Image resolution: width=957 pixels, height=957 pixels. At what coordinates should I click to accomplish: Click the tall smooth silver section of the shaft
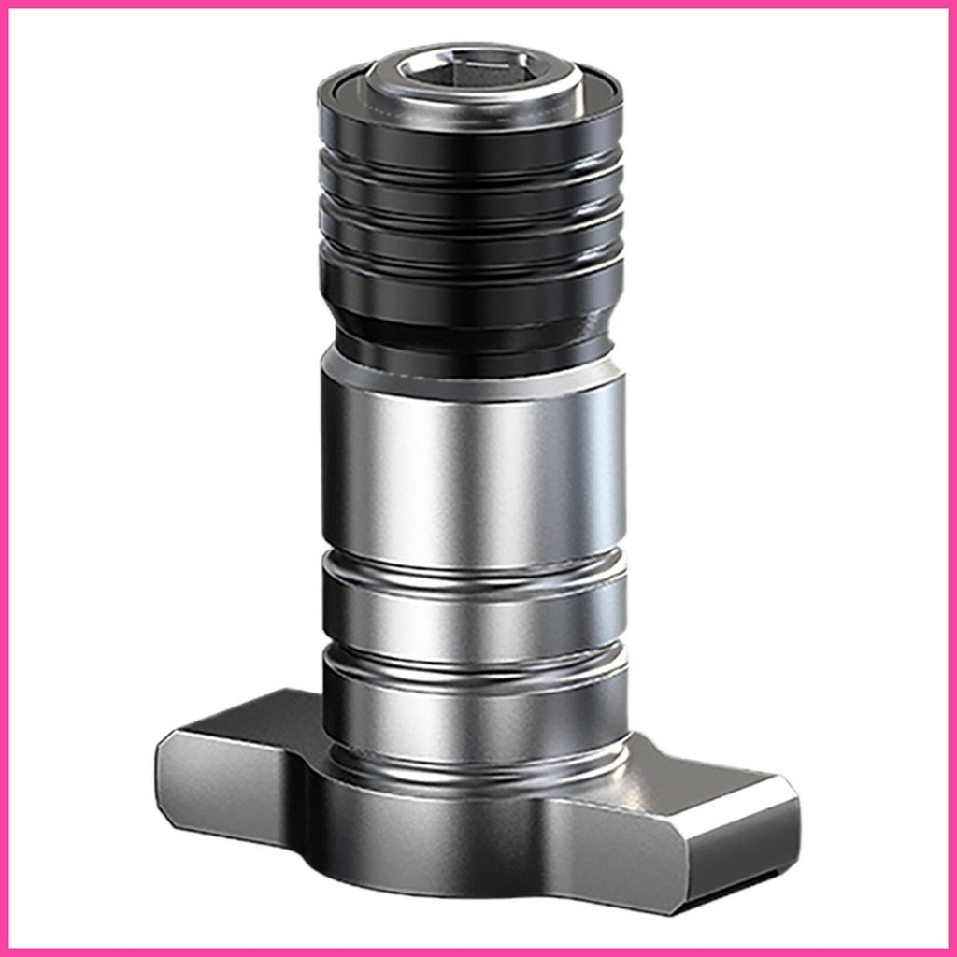tap(472, 467)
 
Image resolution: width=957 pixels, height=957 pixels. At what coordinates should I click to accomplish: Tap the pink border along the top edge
tap(478, 5)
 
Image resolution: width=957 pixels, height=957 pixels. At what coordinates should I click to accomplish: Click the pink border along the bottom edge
tap(478, 951)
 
